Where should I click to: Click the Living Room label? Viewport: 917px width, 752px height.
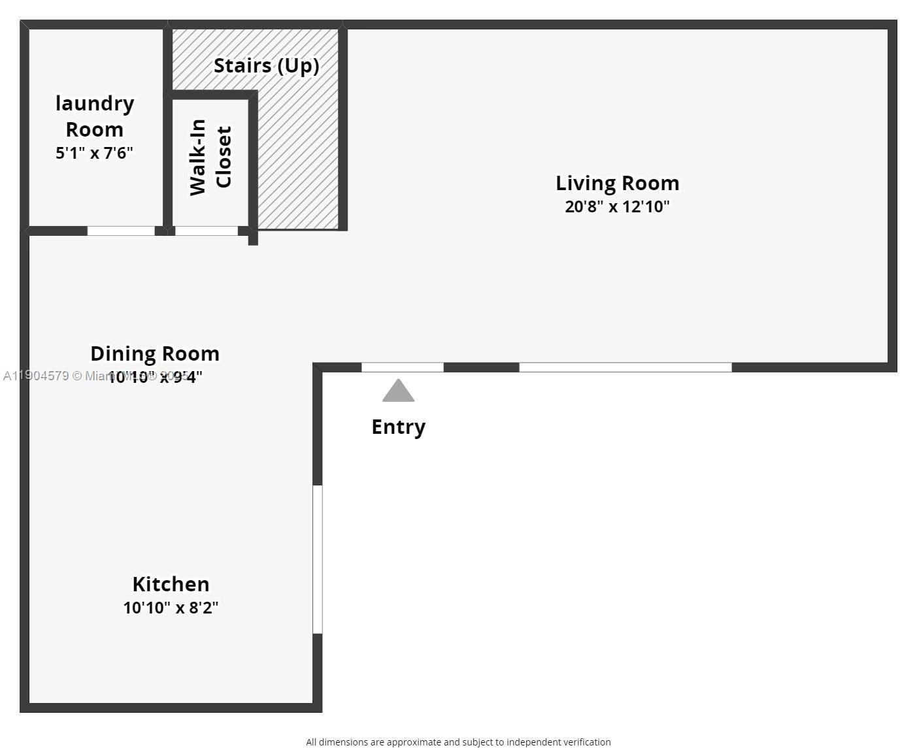point(617,184)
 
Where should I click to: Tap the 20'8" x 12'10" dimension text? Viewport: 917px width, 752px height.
point(617,207)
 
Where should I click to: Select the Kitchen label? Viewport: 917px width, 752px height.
point(171,584)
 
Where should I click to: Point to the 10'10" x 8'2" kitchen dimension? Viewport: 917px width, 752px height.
point(171,608)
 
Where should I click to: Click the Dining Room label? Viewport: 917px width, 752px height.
point(155,353)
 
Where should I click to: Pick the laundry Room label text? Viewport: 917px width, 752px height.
point(95,116)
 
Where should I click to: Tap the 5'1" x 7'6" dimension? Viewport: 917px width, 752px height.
point(95,153)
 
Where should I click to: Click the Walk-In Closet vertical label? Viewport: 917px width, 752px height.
point(210,157)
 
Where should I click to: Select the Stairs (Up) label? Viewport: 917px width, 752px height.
point(266,66)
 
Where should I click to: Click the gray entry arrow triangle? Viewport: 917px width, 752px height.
point(398,392)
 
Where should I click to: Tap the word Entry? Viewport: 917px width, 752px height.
point(398,427)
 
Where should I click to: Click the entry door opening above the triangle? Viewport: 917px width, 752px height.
point(403,367)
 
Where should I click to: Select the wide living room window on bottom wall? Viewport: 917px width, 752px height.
point(625,367)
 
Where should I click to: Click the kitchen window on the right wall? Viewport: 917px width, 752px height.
point(318,559)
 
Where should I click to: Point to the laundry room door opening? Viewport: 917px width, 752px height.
point(121,231)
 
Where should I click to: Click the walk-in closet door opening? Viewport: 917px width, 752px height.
point(207,231)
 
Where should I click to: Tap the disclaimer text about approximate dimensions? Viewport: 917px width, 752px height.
point(458,742)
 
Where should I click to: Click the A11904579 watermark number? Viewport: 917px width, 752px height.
point(36,376)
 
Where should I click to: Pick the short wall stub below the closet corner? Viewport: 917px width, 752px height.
point(253,239)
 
